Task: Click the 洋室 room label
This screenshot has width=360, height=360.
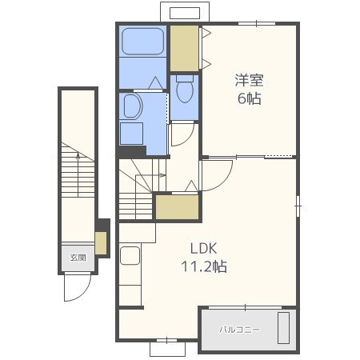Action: coord(249,80)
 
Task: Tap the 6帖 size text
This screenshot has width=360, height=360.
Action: coord(250,98)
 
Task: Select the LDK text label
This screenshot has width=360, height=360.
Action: coord(204,248)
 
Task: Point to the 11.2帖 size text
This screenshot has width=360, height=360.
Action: coord(204,266)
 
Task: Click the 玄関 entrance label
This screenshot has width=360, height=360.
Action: coord(78,258)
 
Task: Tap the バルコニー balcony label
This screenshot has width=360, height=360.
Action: coord(239,330)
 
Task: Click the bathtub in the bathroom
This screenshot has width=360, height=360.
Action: coord(142,42)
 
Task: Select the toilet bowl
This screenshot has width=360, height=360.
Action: coord(185,89)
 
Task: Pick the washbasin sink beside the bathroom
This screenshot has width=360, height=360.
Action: coord(133,106)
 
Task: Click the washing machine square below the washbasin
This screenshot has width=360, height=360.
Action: coord(131,134)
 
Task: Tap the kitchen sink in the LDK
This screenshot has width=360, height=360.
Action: coord(130,255)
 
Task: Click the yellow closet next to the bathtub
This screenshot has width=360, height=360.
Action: coord(184,48)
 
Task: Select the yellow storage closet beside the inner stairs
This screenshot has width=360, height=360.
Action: coord(177,207)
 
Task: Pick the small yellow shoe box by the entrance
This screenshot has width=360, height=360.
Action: coord(101,243)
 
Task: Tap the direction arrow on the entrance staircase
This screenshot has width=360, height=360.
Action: coord(78,174)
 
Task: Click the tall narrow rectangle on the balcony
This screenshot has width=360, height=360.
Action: coord(283,328)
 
